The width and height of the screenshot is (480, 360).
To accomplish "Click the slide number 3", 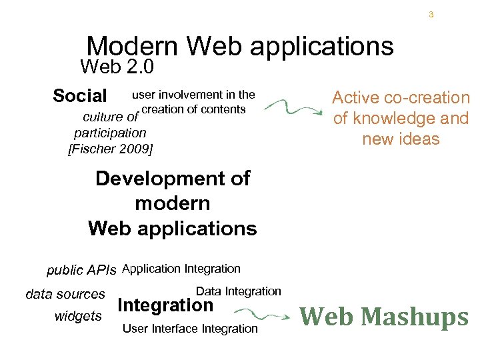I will pyautogui.click(x=431, y=14).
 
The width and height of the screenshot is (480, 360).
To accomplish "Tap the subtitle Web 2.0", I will pyautogui.click(x=117, y=67).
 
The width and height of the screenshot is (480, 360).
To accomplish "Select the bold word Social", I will pyautogui.click(x=79, y=96).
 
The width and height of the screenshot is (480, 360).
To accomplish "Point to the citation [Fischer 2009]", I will pyautogui.click(x=111, y=149).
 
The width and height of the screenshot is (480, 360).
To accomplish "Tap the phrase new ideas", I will pyautogui.click(x=401, y=139).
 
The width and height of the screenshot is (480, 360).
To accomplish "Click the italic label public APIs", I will pyautogui.click(x=81, y=270).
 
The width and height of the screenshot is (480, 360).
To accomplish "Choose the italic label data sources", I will pyautogui.click(x=65, y=294).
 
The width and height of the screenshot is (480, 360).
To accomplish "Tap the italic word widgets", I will pyautogui.click(x=78, y=316).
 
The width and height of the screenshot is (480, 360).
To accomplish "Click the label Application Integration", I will pyautogui.click(x=181, y=269).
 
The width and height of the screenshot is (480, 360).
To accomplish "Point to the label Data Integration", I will pyautogui.click(x=239, y=291).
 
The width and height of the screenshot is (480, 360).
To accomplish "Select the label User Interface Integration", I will pyautogui.click(x=190, y=328).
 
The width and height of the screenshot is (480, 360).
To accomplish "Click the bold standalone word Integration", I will pyautogui.click(x=165, y=306).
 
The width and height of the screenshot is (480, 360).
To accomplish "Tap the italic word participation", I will pyautogui.click(x=110, y=133).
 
